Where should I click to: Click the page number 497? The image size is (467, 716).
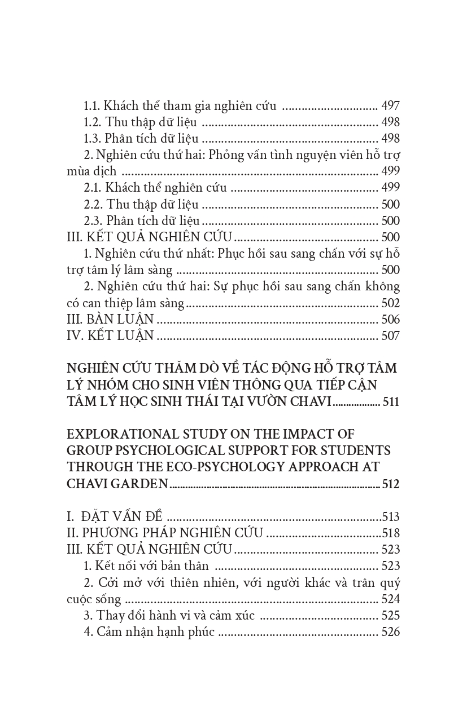point(391,106)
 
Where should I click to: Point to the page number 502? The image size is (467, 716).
point(391,303)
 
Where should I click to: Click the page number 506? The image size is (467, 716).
point(391,320)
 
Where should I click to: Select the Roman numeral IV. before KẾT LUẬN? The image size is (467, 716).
point(75,336)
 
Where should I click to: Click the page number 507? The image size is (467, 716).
point(391,336)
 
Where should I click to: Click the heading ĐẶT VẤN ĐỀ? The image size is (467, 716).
point(122,517)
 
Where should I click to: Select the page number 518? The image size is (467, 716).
point(391,533)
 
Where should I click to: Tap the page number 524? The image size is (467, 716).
point(391,599)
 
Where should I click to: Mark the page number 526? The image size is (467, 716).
point(391,632)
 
